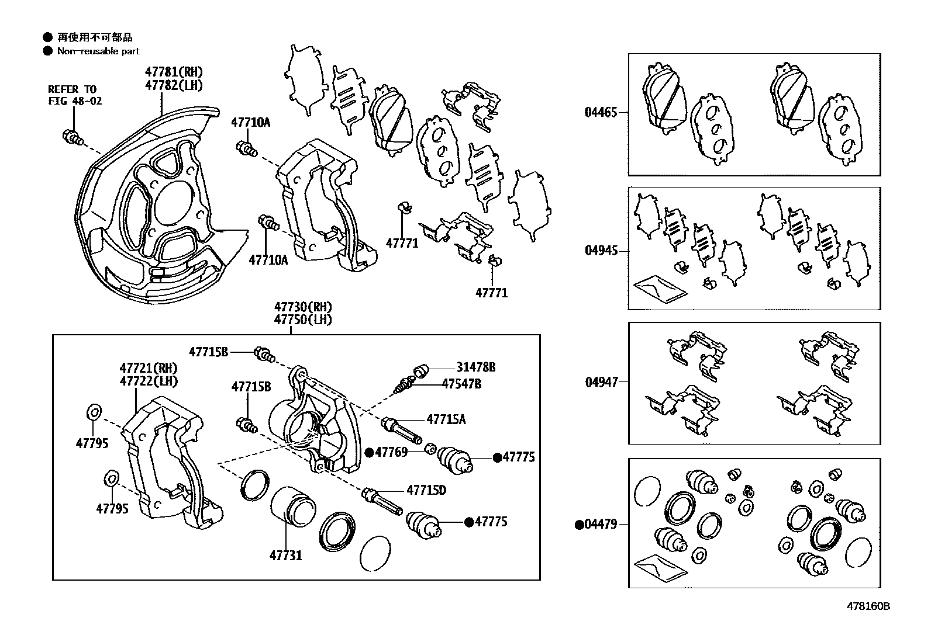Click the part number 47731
click(x=285, y=555)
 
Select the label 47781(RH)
click(x=174, y=72)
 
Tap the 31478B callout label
click(x=476, y=367)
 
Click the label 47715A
click(x=446, y=419)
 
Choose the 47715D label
click(x=426, y=490)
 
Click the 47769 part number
click(x=391, y=452)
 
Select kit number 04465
click(x=601, y=112)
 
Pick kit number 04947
click(x=601, y=383)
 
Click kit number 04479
click(x=601, y=524)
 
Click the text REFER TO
click(x=71, y=89)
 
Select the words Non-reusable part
click(x=98, y=51)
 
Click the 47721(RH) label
click(x=149, y=368)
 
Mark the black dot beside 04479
click(x=579, y=525)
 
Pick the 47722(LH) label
click(x=149, y=381)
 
